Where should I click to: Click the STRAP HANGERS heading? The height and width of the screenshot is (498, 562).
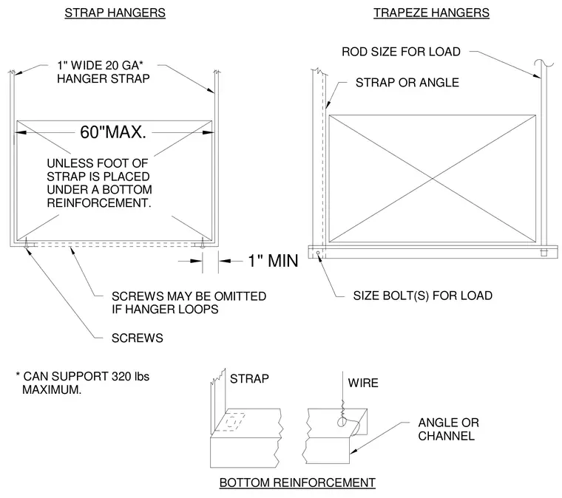coord(115,13)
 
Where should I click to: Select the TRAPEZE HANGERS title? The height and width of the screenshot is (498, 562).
coord(431,13)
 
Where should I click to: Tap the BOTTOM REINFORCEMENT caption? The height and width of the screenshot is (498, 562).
coord(297,482)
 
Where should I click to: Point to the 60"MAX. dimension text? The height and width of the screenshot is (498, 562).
coord(113,132)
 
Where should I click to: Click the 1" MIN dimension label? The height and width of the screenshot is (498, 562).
coord(273,261)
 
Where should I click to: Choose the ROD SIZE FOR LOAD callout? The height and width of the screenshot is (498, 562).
coord(401,52)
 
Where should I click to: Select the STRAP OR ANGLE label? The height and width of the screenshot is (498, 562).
coord(407,83)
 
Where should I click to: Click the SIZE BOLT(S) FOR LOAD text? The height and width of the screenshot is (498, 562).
coord(422,296)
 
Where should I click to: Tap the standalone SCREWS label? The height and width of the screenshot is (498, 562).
coord(138,338)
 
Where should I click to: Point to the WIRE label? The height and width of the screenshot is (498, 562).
coord(363,383)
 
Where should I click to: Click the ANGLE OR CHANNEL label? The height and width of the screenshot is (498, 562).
coord(448,429)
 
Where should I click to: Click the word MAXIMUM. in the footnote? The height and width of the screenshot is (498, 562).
coord(52,389)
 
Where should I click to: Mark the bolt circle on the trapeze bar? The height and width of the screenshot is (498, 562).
coord(318,253)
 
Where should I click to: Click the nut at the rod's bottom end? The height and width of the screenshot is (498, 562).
coord(544,252)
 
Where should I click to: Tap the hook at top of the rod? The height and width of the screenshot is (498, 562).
coord(544,64)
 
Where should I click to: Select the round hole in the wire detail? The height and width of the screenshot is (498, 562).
coord(342,423)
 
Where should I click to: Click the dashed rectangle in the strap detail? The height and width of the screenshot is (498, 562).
coord(234,423)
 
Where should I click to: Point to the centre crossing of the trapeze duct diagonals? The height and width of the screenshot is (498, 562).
coord(433,179)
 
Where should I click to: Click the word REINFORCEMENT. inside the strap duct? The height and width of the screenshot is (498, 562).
coord(99,203)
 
